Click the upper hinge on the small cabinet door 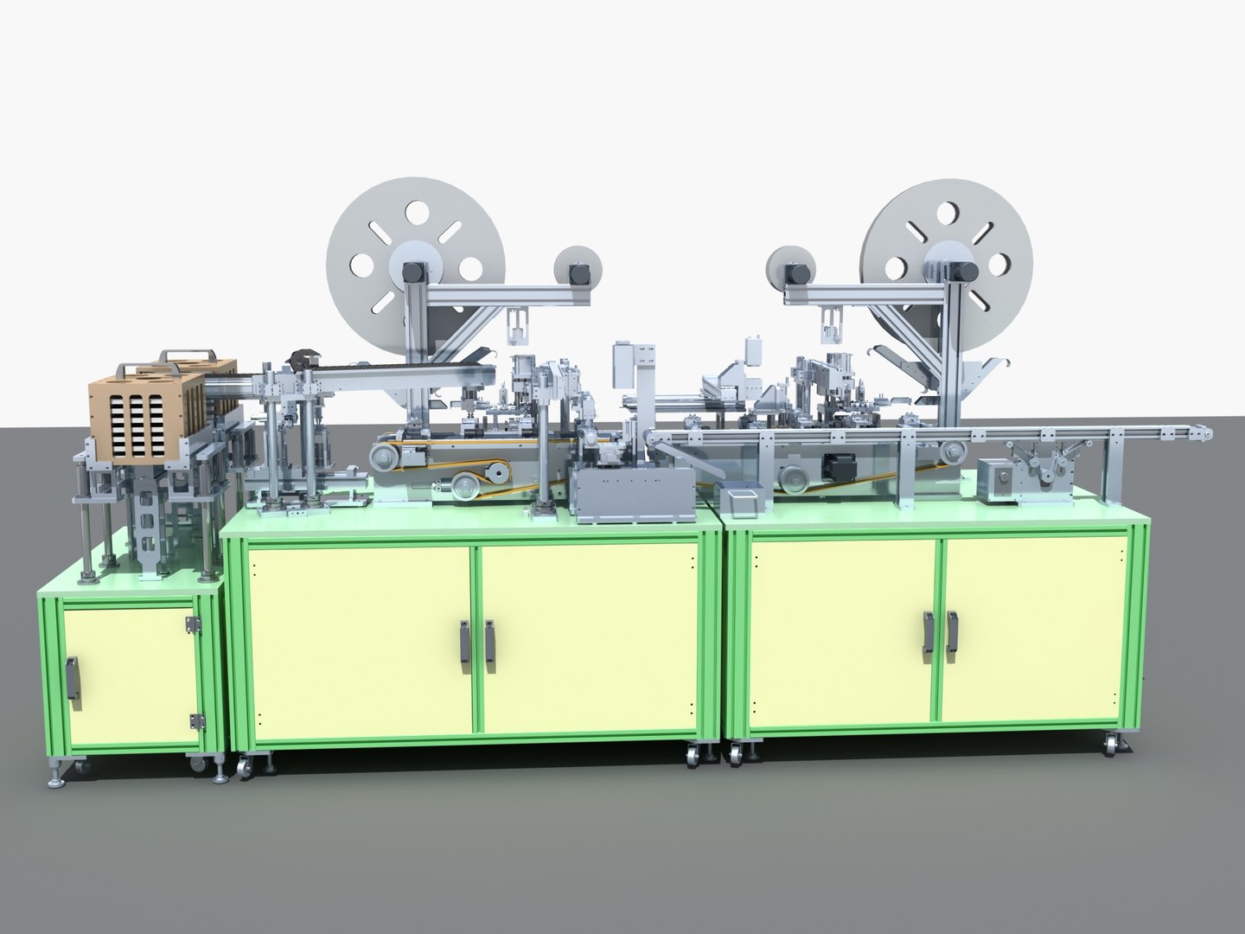pos(194,624)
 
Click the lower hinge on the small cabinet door pos(195,720)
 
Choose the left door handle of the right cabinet pos(929,637)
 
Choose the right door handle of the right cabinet pos(953,637)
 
